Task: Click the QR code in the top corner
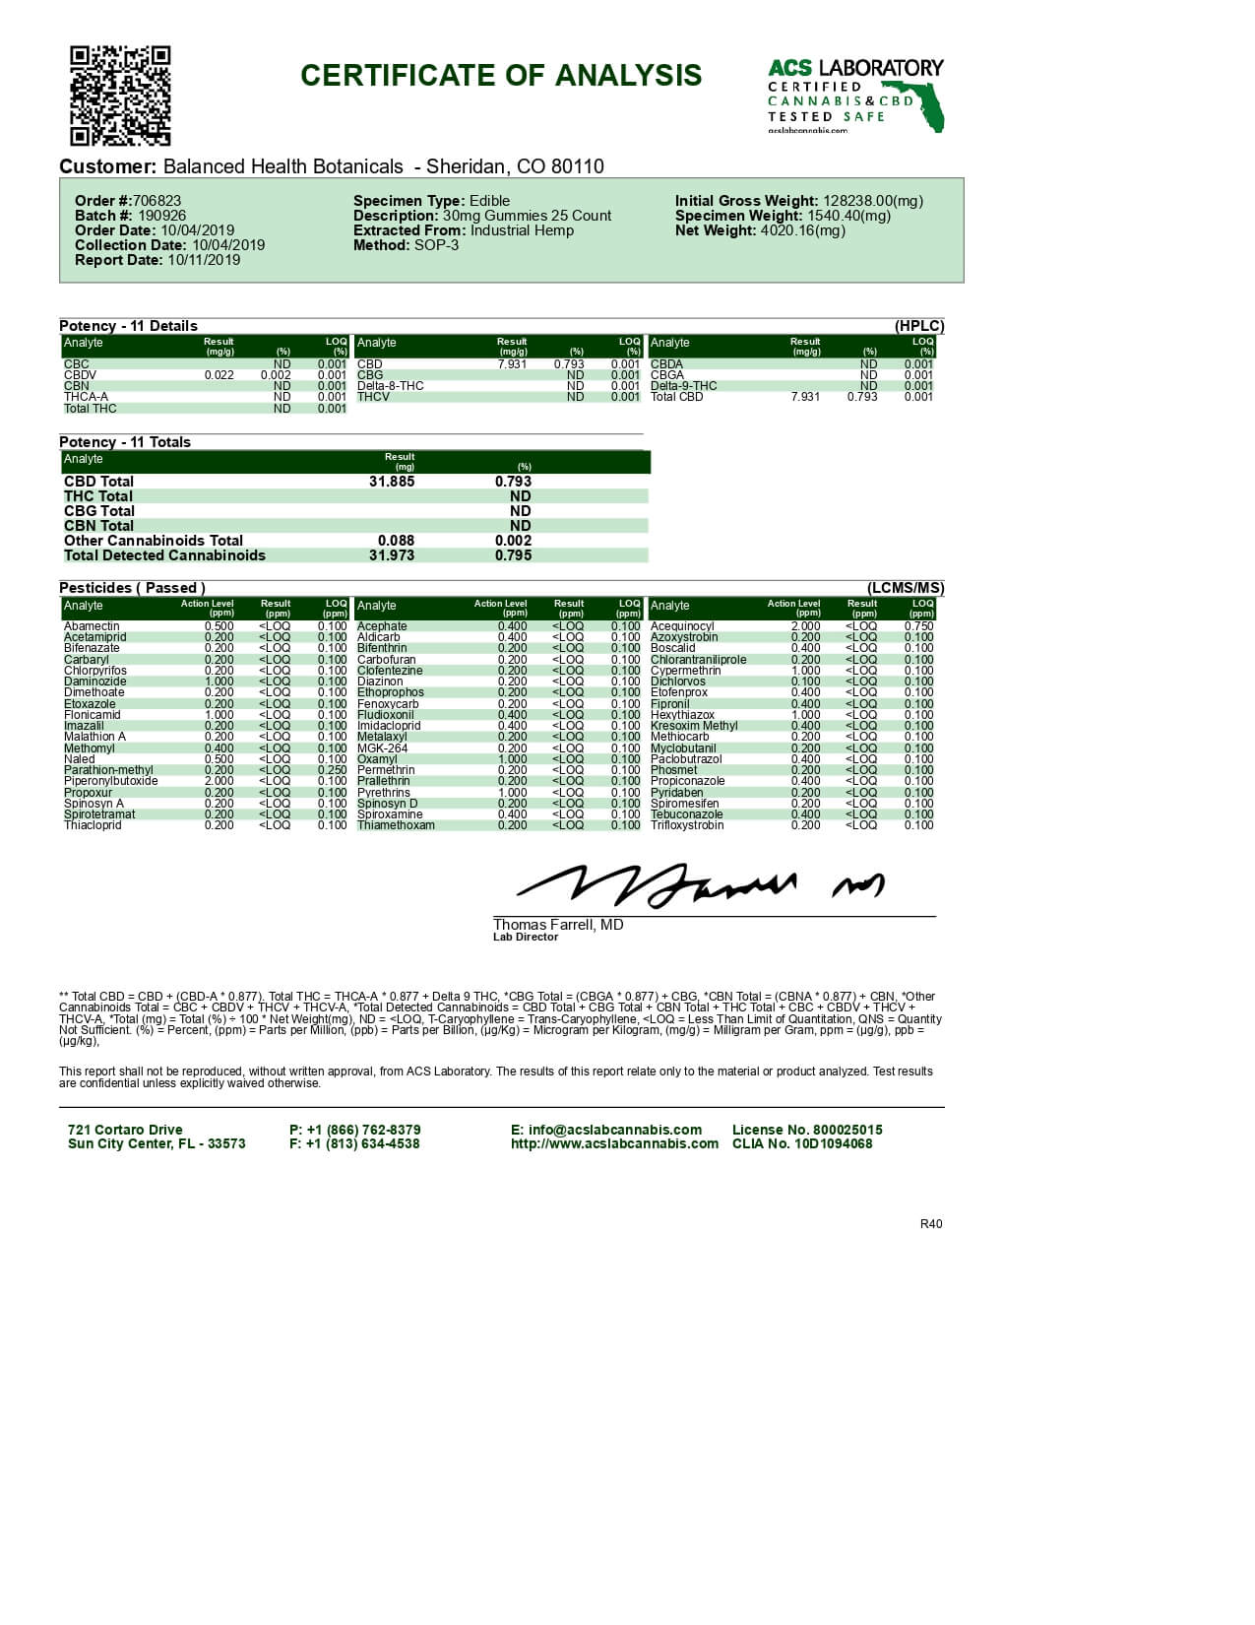(120, 96)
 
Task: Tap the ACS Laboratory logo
(854, 96)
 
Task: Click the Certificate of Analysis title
(501, 76)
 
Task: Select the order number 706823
(157, 201)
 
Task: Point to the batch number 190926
(161, 216)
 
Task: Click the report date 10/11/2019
(204, 260)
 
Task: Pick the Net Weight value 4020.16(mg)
(802, 230)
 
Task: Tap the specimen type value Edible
(489, 201)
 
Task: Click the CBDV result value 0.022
(219, 375)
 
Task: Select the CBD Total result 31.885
(392, 482)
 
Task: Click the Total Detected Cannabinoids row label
(164, 555)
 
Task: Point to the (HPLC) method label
(919, 326)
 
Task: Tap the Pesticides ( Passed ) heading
(132, 588)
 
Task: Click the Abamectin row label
(92, 626)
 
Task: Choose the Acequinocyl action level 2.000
(805, 626)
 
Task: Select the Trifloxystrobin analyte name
(687, 825)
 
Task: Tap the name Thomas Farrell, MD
(558, 925)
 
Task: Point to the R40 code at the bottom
(931, 1224)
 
